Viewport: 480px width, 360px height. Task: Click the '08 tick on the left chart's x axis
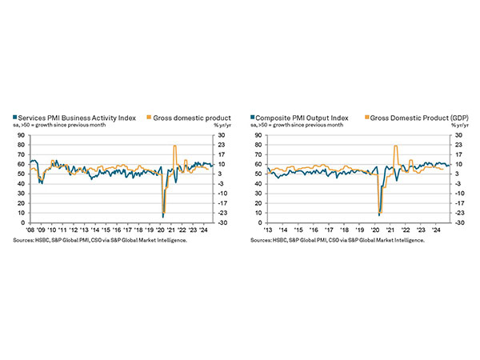(x=30, y=229)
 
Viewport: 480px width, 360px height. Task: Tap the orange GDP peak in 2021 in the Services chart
(x=174, y=146)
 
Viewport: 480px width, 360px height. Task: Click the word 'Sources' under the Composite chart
(x=262, y=239)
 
